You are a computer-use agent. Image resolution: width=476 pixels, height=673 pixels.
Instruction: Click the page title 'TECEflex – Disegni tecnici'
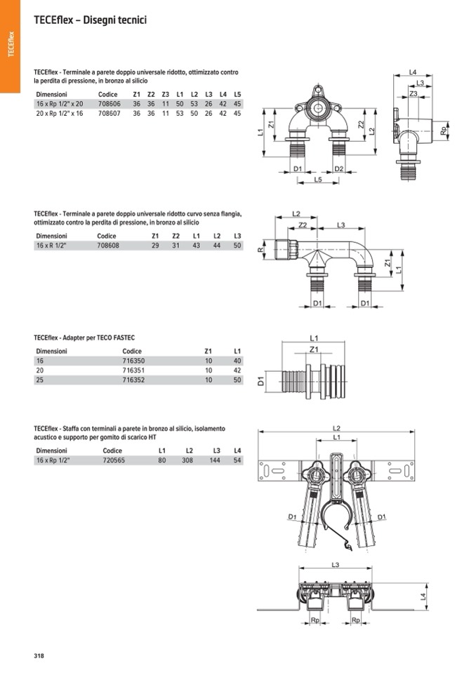pos(90,20)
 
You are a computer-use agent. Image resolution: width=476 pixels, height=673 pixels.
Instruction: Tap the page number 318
pos(39,655)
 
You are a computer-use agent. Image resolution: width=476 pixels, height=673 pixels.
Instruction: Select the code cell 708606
pos(110,104)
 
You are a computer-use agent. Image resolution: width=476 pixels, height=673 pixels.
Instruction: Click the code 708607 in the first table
pos(110,114)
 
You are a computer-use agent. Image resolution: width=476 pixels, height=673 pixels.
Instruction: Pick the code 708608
pos(108,246)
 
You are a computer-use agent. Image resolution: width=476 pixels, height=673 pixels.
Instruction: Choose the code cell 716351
pos(133,371)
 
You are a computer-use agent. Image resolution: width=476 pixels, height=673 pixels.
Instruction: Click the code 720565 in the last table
pos(114,460)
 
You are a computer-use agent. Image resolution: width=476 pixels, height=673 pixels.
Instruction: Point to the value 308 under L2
pos(187,460)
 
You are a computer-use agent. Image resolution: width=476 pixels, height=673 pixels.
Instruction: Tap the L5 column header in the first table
pos(237,95)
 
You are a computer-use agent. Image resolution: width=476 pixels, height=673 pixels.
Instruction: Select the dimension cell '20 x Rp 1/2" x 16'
pos(60,114)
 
